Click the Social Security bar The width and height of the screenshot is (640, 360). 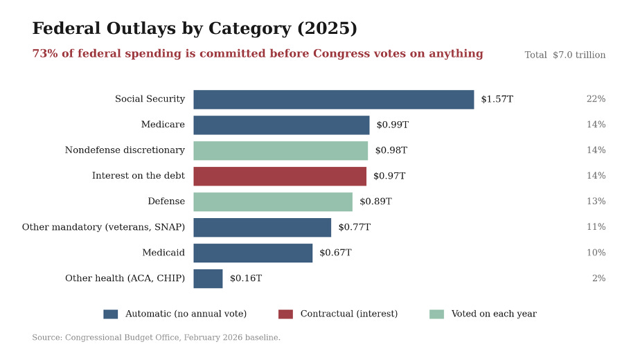(x=333, y=100)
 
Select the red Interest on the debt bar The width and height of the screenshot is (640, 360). (x=280, y=177)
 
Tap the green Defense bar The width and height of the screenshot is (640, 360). (x=273, y=202)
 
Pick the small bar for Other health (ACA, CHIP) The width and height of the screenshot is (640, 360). (x=208, y=279)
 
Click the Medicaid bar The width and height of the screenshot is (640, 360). (x=253, y=253)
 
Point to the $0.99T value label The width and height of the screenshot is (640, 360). (x=392, y=125)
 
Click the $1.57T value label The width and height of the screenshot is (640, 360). (x=497, y=99)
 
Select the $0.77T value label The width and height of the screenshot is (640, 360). (x=355, y=227)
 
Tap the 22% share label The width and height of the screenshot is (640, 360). (x=596, y=99)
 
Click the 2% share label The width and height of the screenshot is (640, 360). (x=598, y=278)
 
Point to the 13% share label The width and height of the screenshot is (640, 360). (x=596, y=201)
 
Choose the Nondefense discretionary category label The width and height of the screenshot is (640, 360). (x=125, y=150)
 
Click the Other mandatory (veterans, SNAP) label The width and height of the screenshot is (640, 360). (x=103, y=227)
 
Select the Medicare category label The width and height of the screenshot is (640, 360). (x=163, y=125)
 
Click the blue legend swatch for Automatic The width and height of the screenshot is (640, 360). (x=111, y=314)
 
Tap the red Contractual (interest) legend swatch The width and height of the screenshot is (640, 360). (x=285, y=314)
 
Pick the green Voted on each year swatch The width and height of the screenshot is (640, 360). (x=437, y=314)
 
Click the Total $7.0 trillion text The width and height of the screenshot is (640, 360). (x=565, y=55)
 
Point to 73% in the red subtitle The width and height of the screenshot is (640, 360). (x=45, y=53)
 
